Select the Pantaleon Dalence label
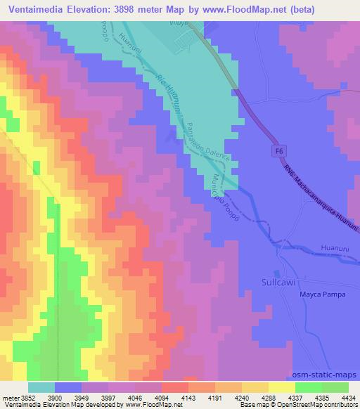point(210,141)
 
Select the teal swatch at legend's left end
point(41,387)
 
